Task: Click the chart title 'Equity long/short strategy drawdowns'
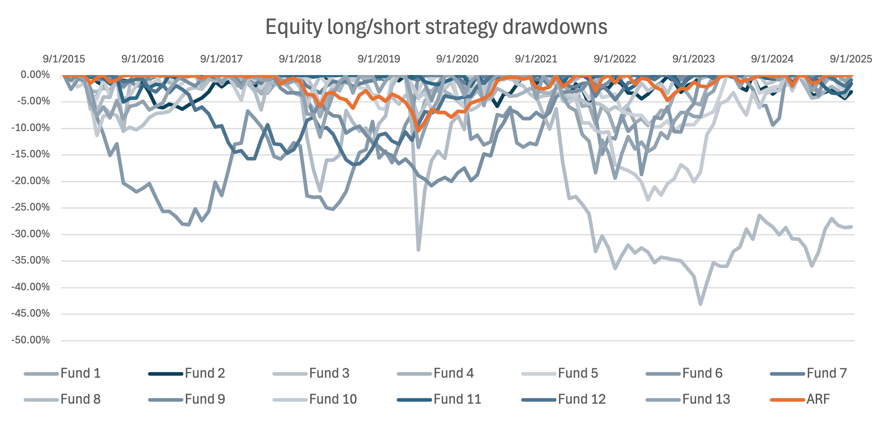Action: point(436,27)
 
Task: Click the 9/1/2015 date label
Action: point(64,59)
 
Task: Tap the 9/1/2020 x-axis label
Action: point(457,59)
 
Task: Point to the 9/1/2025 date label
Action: point(851,59)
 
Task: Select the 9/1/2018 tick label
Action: point(300,59)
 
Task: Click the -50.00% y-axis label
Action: point(30,340)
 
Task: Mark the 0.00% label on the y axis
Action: point(35,75)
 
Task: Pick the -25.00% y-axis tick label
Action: point(30,208)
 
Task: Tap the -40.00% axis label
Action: point(30,287)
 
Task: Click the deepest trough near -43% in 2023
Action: point(700,304)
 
